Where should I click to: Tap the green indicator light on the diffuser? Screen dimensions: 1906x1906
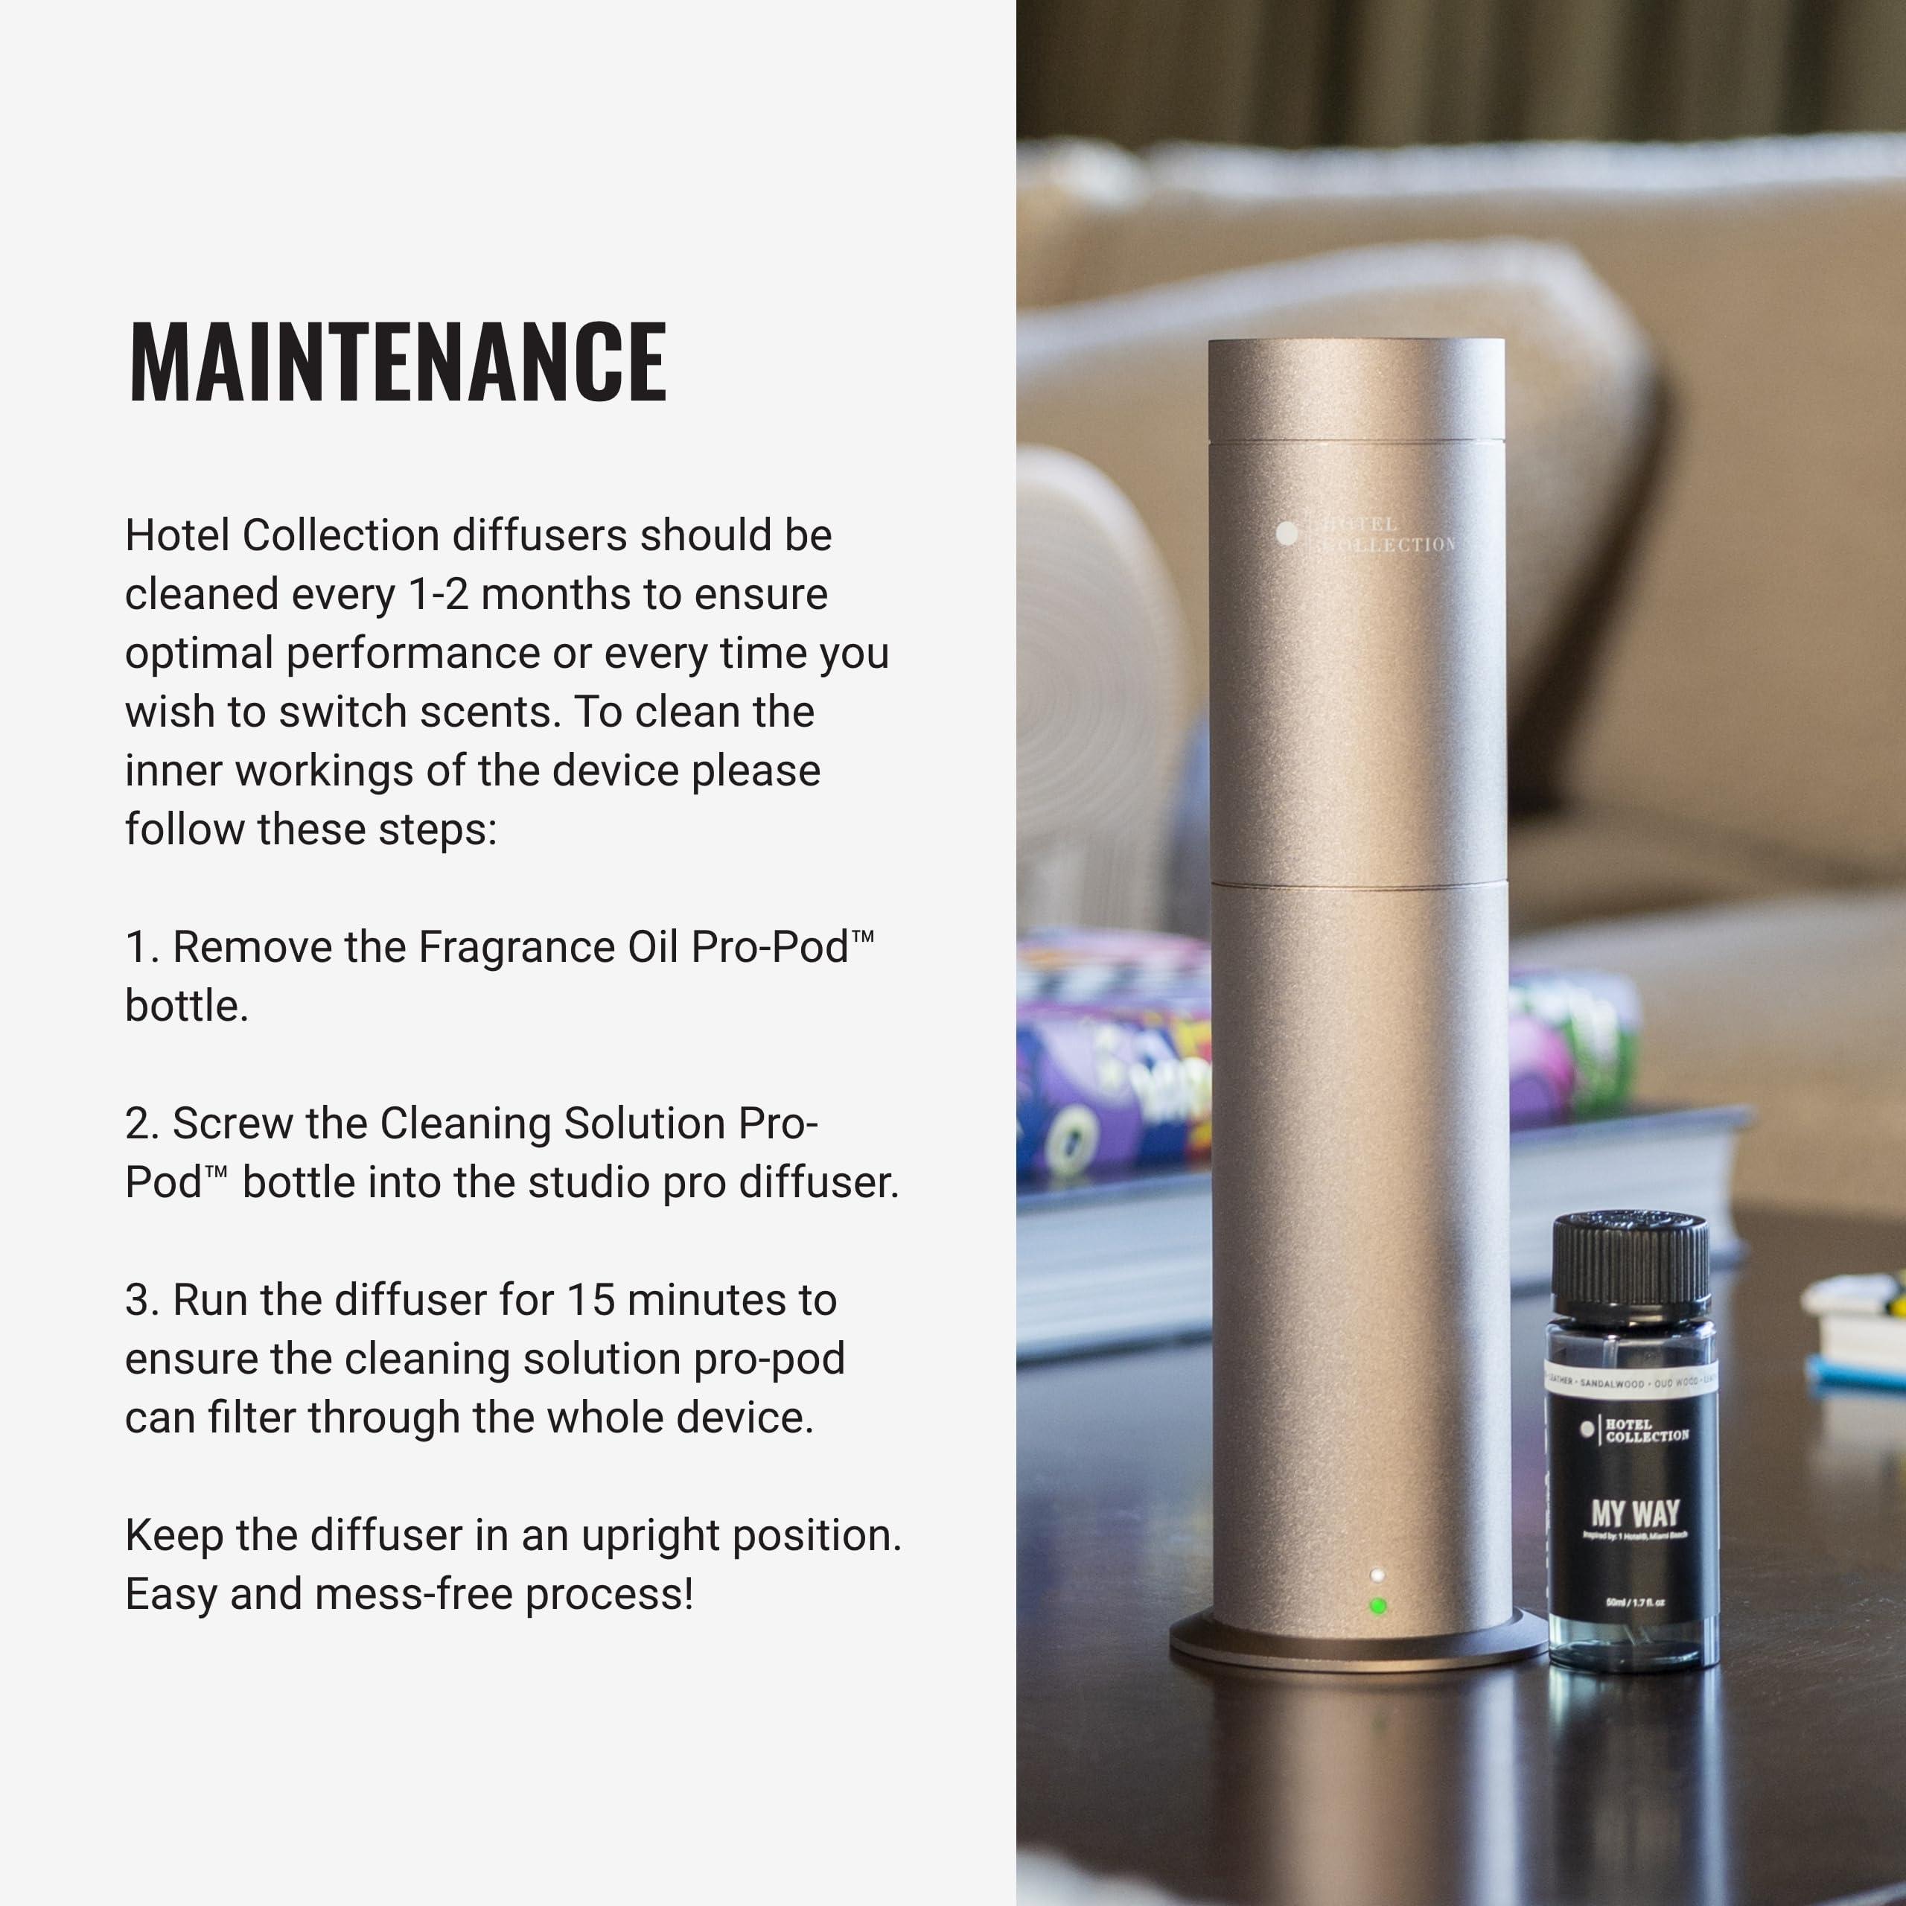pyautogui.click(x=1378, y=1606)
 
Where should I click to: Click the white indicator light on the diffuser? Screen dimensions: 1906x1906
pyautogui.click(x=1377, y=1575)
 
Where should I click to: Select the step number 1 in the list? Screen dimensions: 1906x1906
pyautogui.click(x=141, y=948)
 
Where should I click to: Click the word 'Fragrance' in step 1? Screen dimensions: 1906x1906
pyautogui.click(x=516, y=948)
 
